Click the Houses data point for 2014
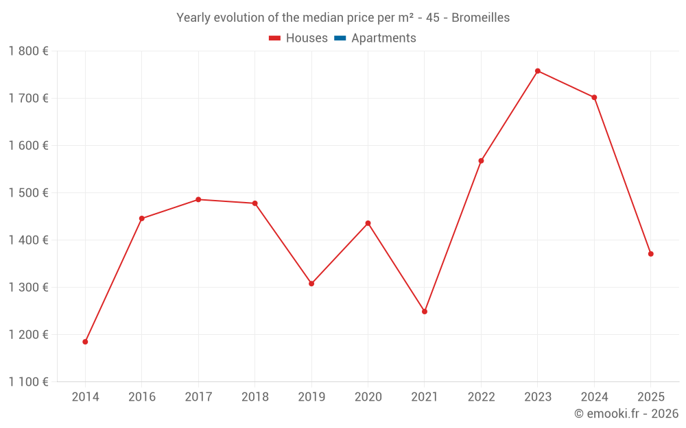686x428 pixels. click(85, 342)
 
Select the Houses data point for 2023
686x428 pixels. click(538, 71)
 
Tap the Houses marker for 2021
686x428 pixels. click(425, 312)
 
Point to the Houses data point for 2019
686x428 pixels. click(311, 284)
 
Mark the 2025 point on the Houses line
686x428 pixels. click(651, 254)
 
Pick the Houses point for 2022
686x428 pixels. click(481, 161)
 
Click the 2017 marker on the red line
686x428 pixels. click(198, 199)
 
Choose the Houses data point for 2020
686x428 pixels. click(368, 223)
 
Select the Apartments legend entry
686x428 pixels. click(383, 38)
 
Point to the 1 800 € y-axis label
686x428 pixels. click(29, 51)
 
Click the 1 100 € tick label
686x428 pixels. click(29, 382)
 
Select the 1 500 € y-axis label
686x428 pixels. click(29, 193)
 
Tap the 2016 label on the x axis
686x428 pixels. click(142, 397)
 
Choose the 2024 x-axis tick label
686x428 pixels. click(594, 397)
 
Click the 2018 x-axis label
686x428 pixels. click(255, 397)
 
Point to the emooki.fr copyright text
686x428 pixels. click(626, 414)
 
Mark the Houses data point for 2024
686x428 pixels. click(594, 97)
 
